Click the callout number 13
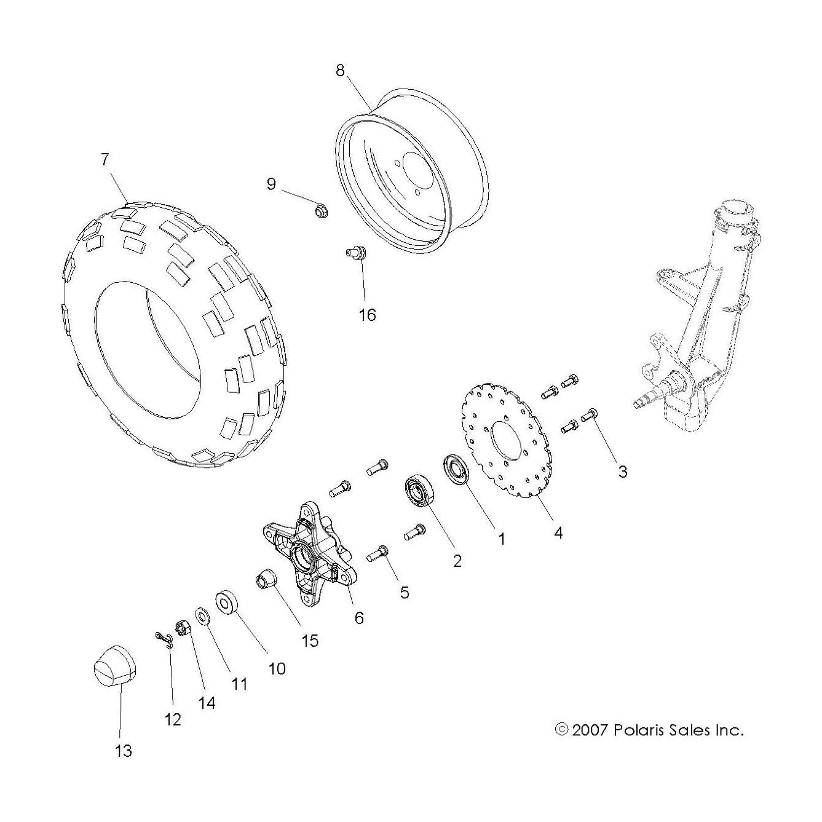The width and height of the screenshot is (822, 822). point(124,751)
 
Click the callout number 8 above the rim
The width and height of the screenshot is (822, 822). point(340,70)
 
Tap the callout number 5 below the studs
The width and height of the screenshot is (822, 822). point(404,591)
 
